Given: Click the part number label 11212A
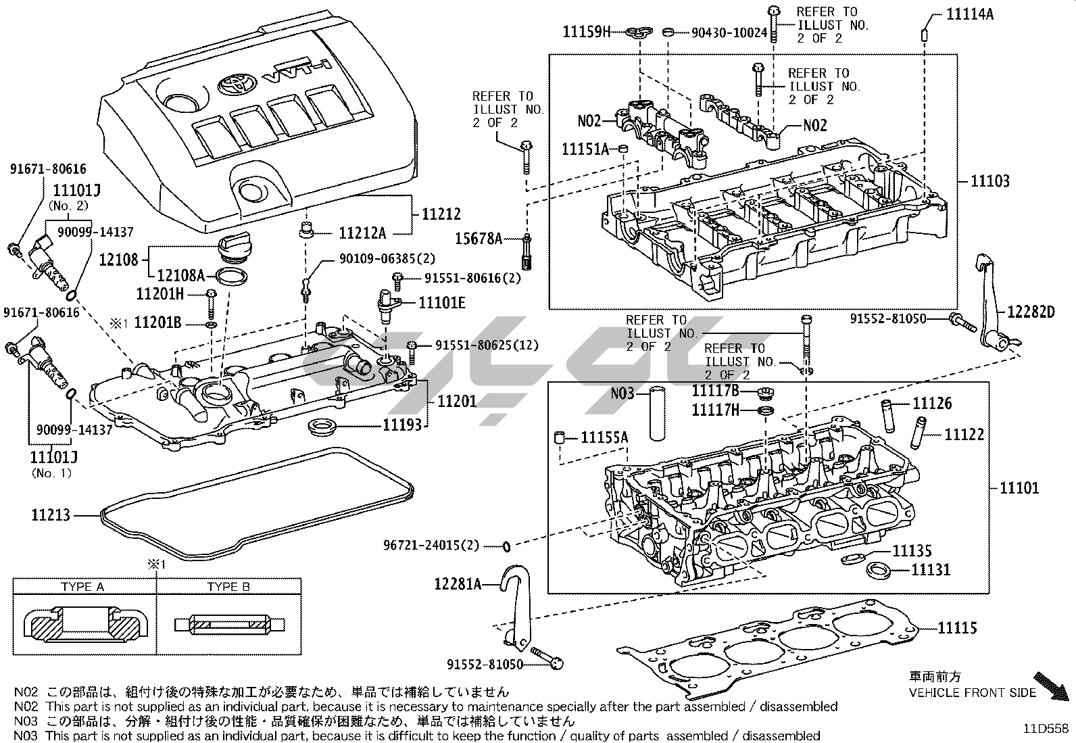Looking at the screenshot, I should (x=362, y=233).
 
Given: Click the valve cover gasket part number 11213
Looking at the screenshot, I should (x=51, y=515).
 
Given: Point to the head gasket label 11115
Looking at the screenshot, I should (x=957, y=628).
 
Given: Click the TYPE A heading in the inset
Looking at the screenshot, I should (x=82, y=586).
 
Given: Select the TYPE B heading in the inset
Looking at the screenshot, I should (x=228, y=586).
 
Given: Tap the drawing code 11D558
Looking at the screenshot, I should (x=1046, y=728).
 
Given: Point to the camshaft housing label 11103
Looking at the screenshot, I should (x=990, y=181).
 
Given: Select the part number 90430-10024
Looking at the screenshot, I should (x=729, y=32).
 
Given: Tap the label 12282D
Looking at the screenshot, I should (x=1031, y=312).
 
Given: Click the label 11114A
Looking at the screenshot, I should (x=970, y=14).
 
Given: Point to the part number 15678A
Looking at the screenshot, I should (x=479, y=238).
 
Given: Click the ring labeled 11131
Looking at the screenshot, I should (x=877, y=569).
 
